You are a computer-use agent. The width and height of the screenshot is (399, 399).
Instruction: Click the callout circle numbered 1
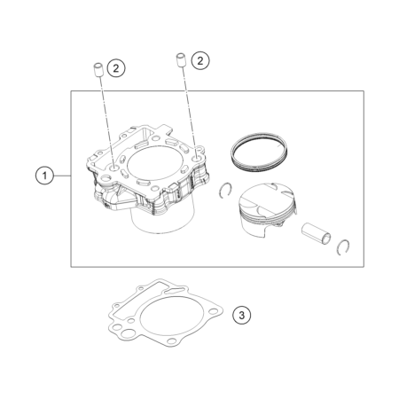tap(44, 176)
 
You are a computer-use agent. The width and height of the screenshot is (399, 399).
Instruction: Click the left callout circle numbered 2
tap(116, 68)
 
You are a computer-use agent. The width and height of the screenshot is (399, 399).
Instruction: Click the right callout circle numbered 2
tap(200, 61)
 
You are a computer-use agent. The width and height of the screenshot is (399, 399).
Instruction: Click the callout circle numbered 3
tap(242, 315)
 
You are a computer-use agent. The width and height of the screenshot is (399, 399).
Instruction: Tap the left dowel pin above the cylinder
tap(98, 70)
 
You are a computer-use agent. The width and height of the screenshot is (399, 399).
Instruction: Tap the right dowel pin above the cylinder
tap(181, 60)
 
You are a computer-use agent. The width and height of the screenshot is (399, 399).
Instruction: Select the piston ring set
tap(259, 153)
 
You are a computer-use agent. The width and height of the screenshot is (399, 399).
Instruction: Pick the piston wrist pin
tap(316, 234)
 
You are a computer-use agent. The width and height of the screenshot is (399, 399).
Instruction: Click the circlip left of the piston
tap(226, 191)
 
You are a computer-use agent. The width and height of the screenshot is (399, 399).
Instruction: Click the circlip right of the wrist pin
tap(343, 247)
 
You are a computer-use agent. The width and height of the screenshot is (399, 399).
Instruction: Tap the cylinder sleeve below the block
tap(162, 219)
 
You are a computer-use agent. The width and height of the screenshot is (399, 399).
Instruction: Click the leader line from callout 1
tap(62, 176)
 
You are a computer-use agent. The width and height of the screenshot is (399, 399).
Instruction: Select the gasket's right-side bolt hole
tap(213, 311)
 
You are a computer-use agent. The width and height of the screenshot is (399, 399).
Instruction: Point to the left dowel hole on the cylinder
tap(114, 168)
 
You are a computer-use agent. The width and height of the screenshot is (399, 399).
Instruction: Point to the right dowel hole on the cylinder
tap(196, 160)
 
